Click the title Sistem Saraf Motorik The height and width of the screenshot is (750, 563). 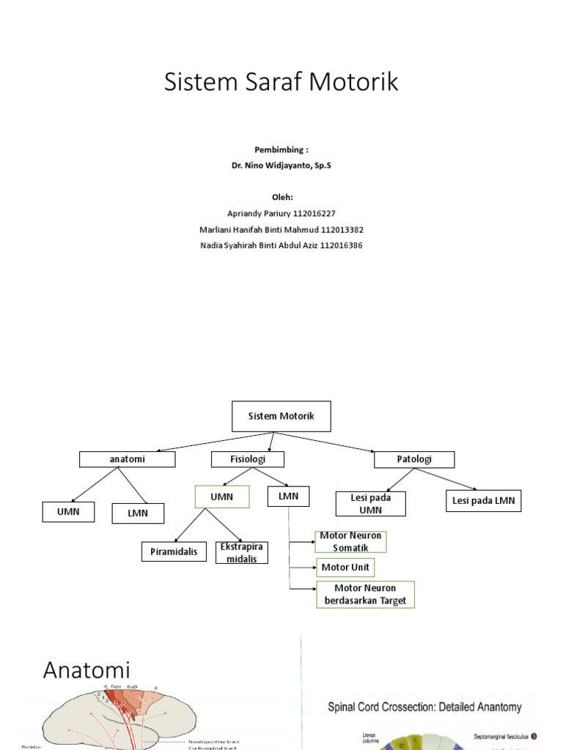281,82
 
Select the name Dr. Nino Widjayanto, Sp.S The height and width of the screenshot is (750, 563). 281,166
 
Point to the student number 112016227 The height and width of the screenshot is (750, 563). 308,213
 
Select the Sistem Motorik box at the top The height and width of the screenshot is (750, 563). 281,416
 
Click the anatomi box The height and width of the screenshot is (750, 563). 127,459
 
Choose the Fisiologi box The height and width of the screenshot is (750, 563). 247,459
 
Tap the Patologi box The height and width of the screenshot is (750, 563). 414,459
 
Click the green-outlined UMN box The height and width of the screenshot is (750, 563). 221,497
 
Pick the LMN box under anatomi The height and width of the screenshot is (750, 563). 138,513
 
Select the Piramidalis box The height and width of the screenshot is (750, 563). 174,552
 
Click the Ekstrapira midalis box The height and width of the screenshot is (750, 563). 242,553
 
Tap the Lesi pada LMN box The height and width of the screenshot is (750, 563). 483,501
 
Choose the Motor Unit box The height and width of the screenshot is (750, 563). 345,568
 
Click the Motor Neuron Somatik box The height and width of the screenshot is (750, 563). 350,542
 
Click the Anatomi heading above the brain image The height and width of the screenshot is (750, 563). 87,669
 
